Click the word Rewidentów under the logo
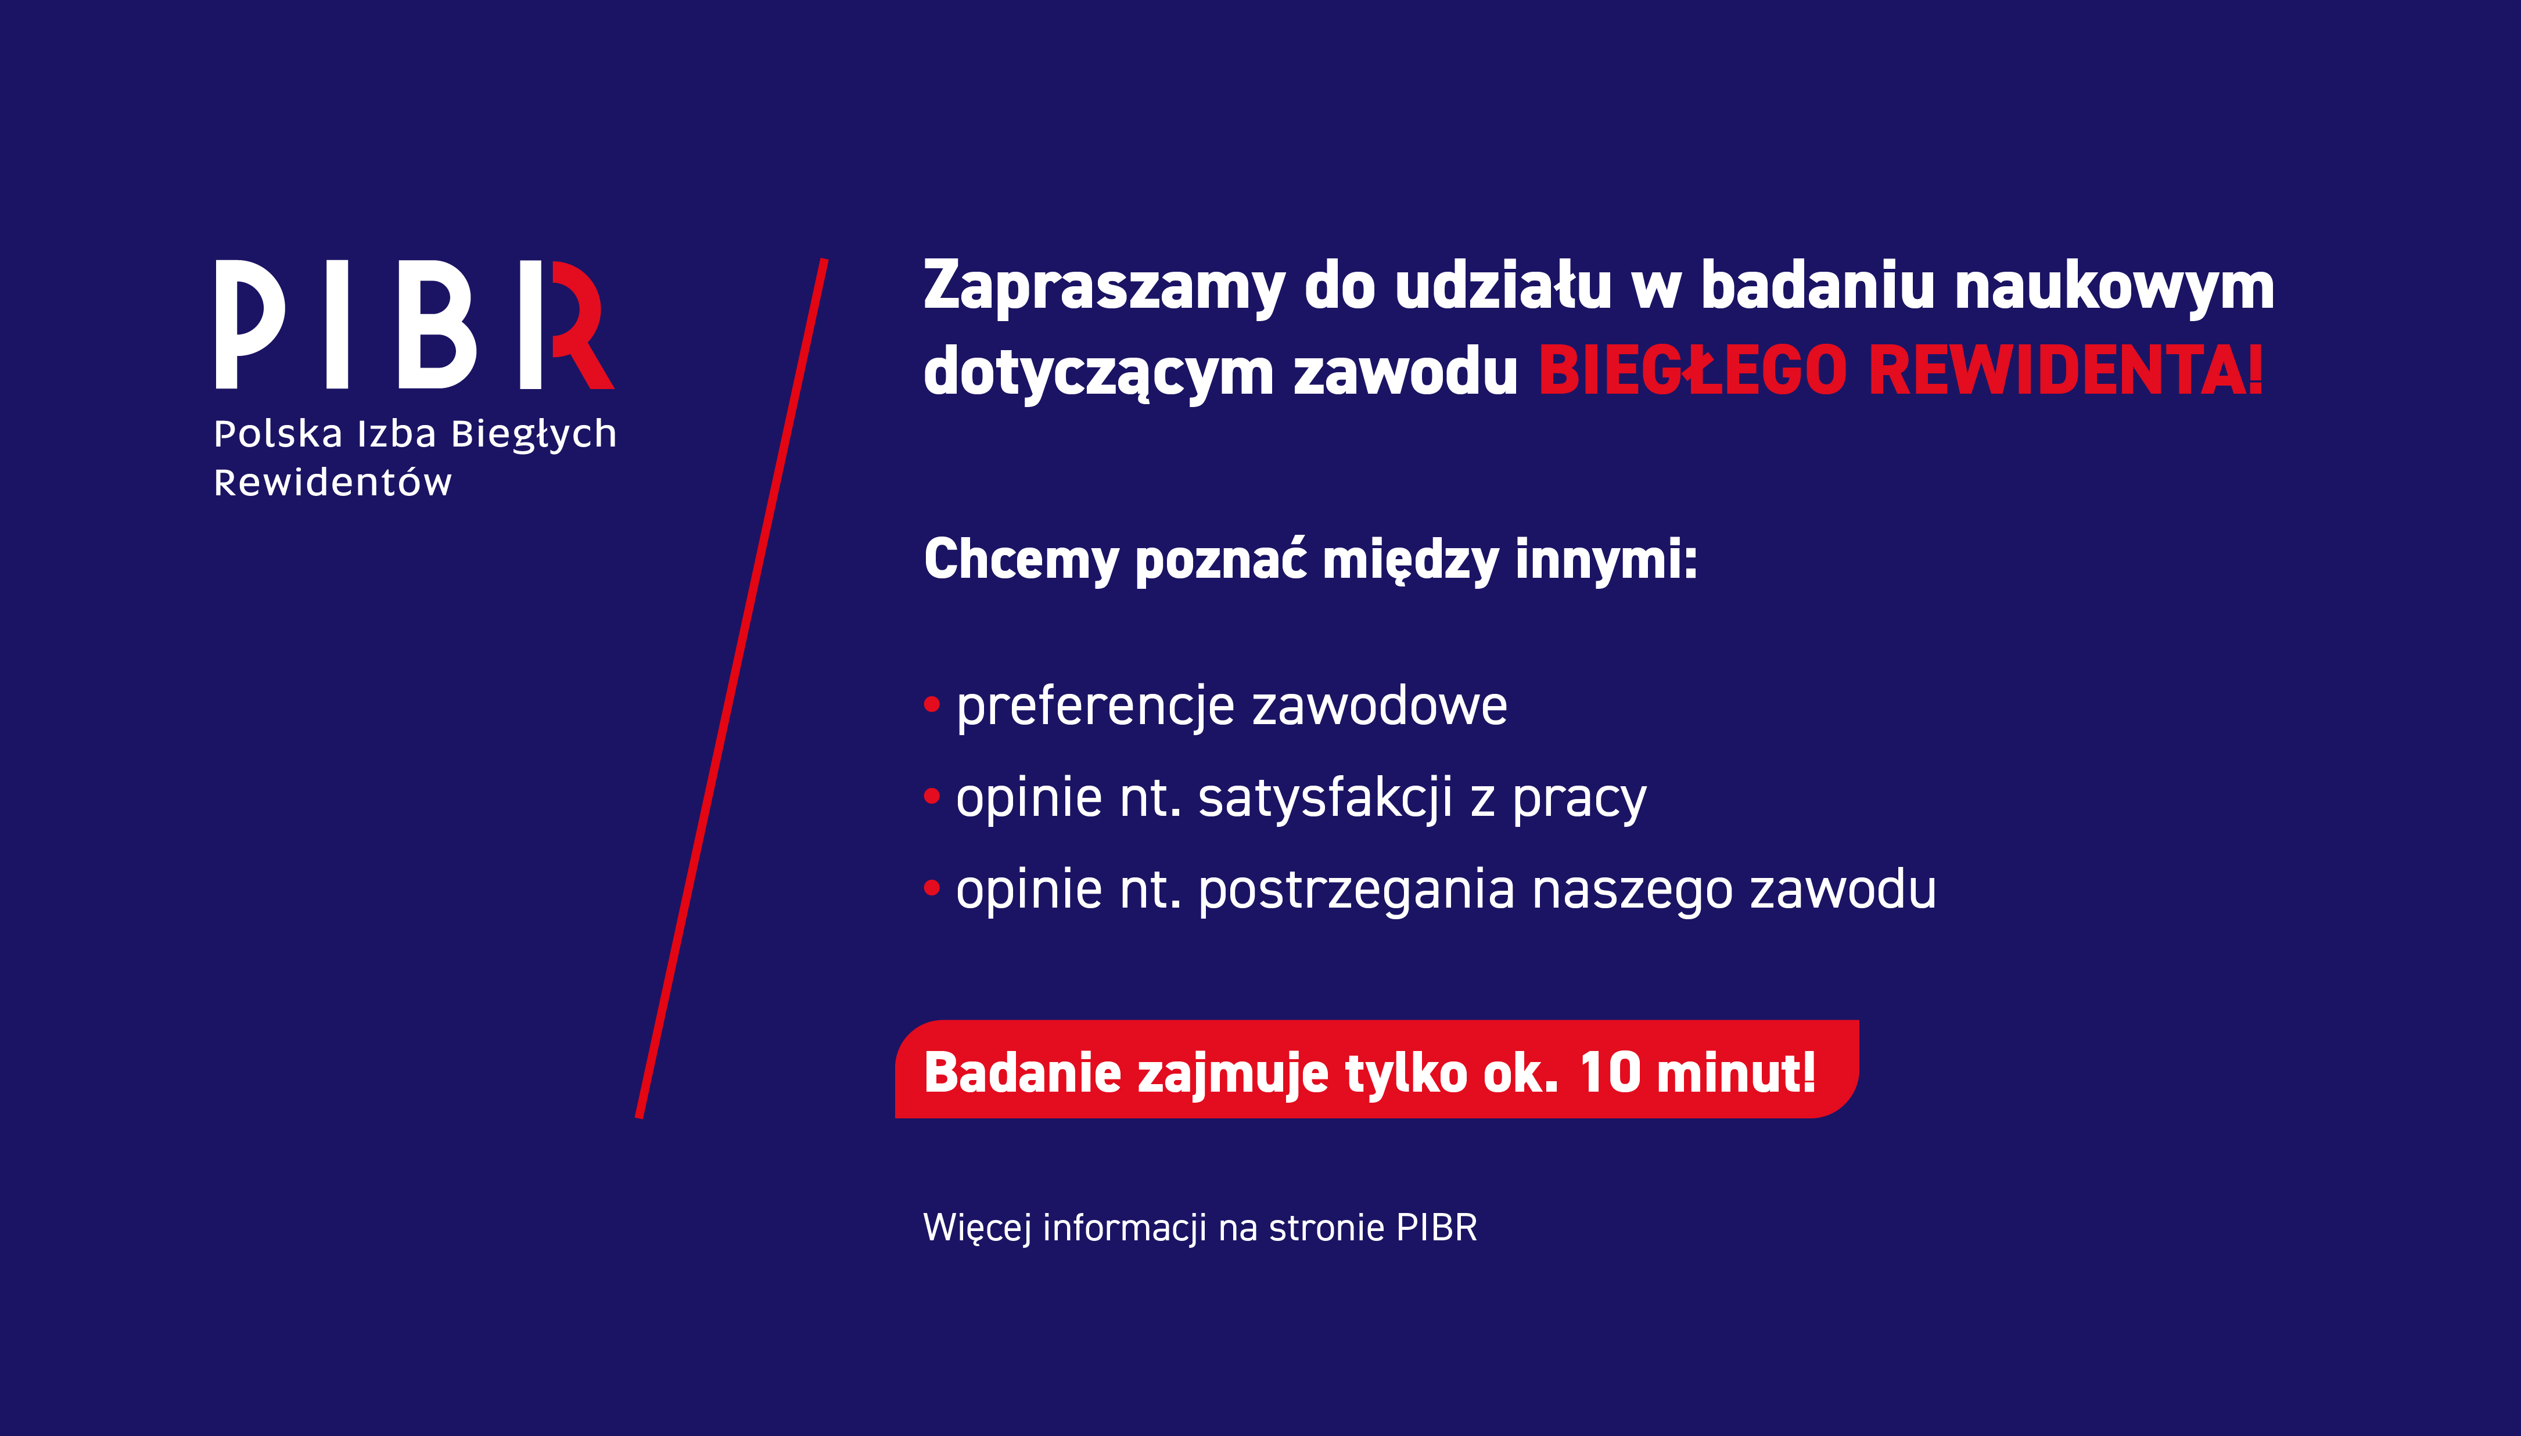(x=332, y=483)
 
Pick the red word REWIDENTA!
(x=2066, y=371)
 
